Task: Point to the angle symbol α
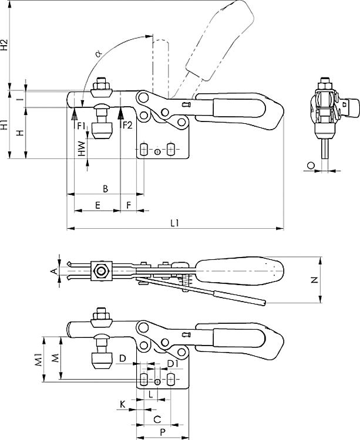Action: click(98, 53)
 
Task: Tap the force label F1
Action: click(80, 125)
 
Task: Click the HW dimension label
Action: click(82, 148)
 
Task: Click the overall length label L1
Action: click(174, 222)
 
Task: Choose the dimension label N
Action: click(314, 280)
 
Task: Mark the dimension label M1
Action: click(36, 359)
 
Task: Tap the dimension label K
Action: click(122, 404)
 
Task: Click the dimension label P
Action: click(163, 430)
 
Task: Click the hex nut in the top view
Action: click(102, 271)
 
